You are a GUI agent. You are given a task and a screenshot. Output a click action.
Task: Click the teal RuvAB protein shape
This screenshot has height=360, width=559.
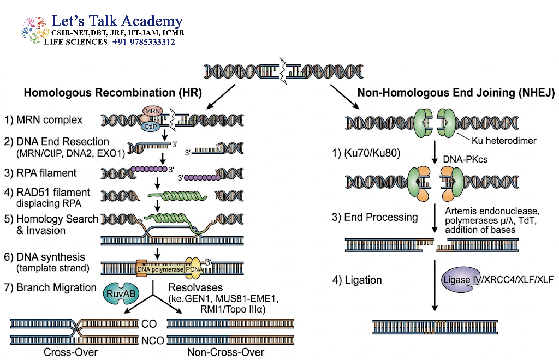pyautogui.click(x=121, y=294)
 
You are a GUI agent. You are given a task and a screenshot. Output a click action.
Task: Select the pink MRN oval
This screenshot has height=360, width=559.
pyautogui.click(x=152, y=111)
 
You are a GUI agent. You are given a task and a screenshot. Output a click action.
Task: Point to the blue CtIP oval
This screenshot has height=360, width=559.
pyautogui.click(x=151, y=127)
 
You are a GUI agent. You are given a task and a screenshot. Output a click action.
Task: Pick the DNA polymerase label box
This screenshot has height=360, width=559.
pyautogui.click(x=160, y=269)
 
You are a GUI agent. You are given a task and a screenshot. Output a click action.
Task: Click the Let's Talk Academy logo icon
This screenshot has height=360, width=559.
pyautogui.click(x=34, y=29)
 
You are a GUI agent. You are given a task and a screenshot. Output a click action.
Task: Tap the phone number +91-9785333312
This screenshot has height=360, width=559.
pyautogui.click(x=144, y=42)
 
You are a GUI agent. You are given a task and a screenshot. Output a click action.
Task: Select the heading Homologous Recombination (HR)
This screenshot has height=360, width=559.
pyautogui.click(x=112, y=93)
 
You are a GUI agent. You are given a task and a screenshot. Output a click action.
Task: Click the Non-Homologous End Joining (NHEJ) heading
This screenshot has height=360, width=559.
pyautogui.click(x=456, y=93)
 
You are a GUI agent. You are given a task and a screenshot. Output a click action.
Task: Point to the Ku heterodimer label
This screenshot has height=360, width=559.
pyautogui.click(x=504, y=141)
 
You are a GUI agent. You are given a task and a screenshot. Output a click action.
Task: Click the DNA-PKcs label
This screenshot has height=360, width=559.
pyautogui.click(x=465, y=159)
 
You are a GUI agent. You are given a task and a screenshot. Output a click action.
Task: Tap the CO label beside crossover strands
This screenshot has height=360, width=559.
pyautogui.click(x=149, y=323)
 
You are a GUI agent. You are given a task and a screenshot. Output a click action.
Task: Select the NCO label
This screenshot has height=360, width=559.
pyautogui.click(x=153, y=341)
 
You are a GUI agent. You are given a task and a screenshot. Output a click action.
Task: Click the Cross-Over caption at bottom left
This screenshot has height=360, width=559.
pyautogui.click(x=70, y=352)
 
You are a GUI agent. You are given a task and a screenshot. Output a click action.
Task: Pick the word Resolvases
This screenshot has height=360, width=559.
pyautogui.click(x=195, y=287)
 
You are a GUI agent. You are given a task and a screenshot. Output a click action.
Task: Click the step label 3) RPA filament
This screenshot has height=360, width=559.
pyautogui.click(x=40, y=173)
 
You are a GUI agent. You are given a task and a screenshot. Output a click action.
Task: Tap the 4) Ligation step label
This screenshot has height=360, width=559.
pyautogui.click(x=357, y=280)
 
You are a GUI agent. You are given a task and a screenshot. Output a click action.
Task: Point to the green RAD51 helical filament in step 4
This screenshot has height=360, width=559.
pyautogui.click(x=177, y=196)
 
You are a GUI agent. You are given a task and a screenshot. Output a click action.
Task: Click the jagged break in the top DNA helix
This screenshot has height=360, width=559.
pyautogui.click(x=283, y=71)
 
